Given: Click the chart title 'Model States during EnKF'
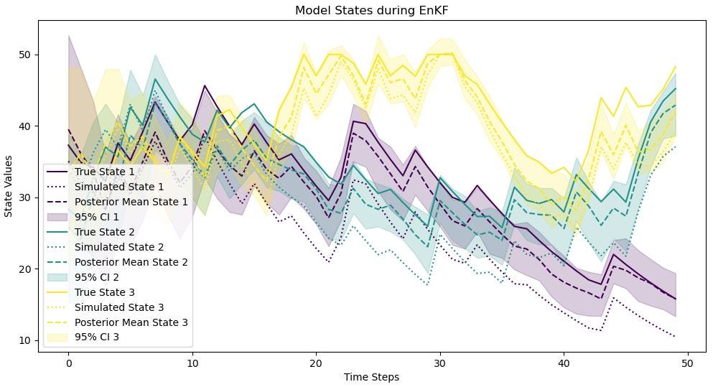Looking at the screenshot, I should (x=371, y=10).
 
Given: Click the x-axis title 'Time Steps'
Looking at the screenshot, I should (x=371, y=377).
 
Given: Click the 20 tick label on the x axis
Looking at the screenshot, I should (x=316, y=363).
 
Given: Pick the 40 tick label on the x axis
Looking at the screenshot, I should (x=564, y=363).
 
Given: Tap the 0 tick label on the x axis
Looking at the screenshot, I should (x=68, y=363).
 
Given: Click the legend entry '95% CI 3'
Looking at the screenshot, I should (x=97, y=337).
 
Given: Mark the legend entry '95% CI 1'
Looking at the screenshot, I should (x=97, y=217).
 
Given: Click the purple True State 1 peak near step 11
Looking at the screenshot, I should (x=205, y=85).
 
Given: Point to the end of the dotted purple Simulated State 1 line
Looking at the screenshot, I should (x=675, y=336).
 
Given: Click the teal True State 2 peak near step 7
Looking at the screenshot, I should (x=155, y=79).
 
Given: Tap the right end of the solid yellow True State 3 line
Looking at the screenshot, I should (x=675, y=67).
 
